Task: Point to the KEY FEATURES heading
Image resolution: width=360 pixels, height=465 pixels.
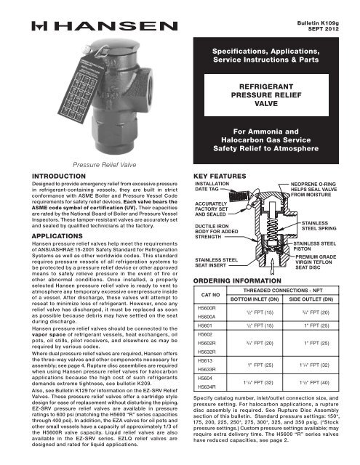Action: point(216,175)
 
